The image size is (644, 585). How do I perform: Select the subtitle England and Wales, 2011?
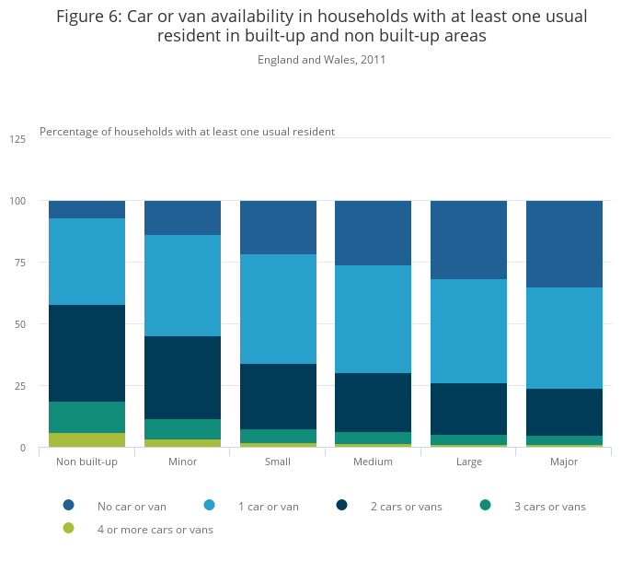coord(321,60)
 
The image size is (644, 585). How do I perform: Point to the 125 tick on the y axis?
coord(17,139)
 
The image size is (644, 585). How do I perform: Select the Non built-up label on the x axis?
coord(86,462)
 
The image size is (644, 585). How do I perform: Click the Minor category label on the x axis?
coord(182,462)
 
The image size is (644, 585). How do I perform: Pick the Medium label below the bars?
coord(373,462)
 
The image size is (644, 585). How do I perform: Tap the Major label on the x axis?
coord(564,462)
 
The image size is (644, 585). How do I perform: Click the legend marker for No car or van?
coord(69,505)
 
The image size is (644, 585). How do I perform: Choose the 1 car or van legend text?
coord(269,506)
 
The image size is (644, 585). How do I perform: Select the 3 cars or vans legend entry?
coord(549,506)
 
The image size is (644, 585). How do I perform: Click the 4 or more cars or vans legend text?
coord(155,530)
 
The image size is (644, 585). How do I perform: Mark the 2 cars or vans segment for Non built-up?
coord(86,353)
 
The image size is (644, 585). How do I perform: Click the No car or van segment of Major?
coord(564,244)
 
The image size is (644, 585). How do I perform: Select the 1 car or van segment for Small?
coord(278,309)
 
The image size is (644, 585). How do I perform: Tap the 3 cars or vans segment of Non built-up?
coord(86,417)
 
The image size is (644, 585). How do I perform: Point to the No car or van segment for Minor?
coord(182,217)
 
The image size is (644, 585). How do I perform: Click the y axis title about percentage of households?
coord(187,132)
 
